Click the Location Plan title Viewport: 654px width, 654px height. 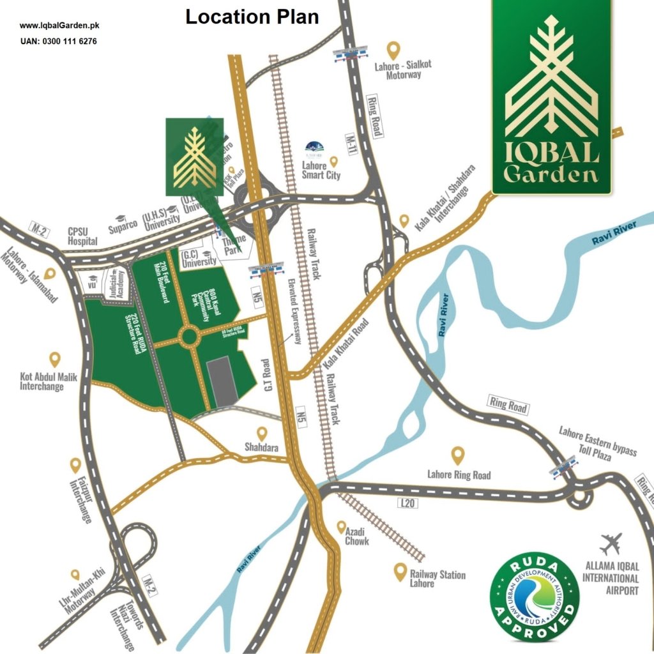tap(252, 17)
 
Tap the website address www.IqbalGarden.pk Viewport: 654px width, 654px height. tap(59, 26)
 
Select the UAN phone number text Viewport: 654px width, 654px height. tap(59, 42)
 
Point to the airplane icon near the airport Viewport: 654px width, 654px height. tap(610, 544)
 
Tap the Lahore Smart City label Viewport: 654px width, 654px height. tap(321, 171)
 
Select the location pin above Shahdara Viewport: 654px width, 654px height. tap(262, 434)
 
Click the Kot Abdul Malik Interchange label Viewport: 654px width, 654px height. tap(49, 382)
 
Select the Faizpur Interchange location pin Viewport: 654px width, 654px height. tap(75, 465)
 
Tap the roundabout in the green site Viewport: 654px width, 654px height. tap(190, 336)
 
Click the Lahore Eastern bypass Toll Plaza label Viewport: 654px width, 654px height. tap(598, 444)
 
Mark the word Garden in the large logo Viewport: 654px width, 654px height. tap(551, 174)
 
